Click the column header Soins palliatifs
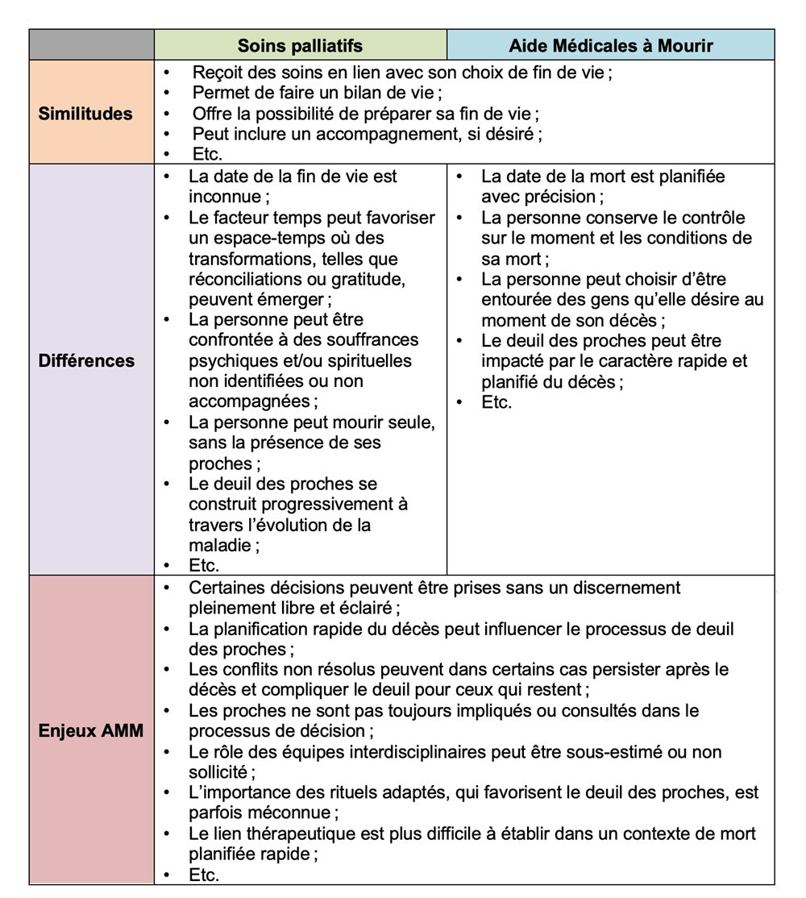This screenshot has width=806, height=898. (x=300, y=45)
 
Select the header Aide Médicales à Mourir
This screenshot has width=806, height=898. (x=610, y=45)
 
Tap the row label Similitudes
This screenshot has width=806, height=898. (x=85, y=113)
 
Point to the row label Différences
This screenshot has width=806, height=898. (x=86, y=360)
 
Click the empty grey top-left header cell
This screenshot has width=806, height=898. (x=91, y=45)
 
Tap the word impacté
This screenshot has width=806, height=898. (x=513, y=360)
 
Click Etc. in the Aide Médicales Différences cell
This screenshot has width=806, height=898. (x=496, y=401)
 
